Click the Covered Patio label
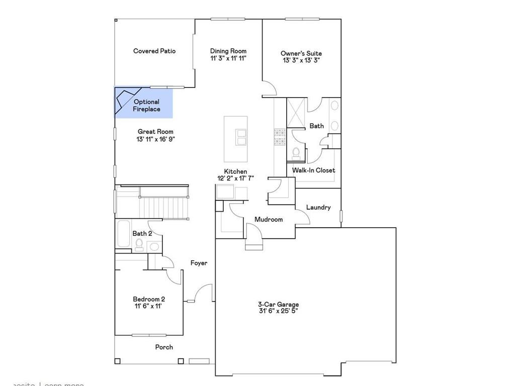(154, 51)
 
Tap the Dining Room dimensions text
(228, 58)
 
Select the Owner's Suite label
(301, 53)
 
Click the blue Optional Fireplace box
(144, 103)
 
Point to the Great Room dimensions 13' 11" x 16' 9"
(156, 139)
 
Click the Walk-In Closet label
(314, 170)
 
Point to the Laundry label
(319, 207)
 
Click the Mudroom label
(269, 219)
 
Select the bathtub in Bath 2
(124, 234)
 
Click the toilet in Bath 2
(139, 245)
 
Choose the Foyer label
(199, 263)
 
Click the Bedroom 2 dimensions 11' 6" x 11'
(148, 306)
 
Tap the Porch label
(164, 347)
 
